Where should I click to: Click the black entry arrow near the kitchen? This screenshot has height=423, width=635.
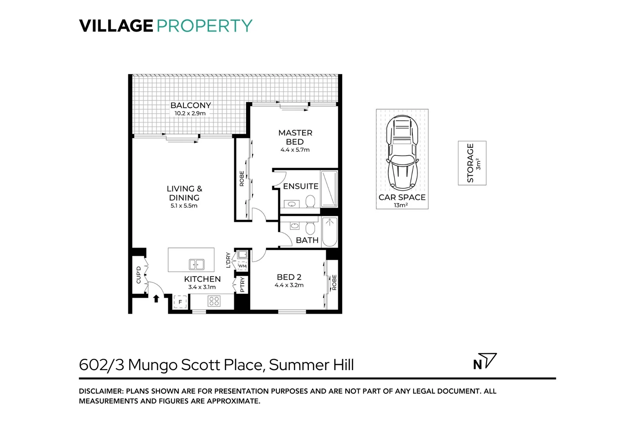[156, 299]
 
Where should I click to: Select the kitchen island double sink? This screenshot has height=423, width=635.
[196, 264]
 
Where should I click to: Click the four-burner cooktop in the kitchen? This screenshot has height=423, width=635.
[214, 301]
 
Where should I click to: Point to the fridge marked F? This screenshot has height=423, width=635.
[180, 302]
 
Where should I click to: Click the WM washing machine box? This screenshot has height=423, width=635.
[243, 266]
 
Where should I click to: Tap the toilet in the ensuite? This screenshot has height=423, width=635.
[310, 202]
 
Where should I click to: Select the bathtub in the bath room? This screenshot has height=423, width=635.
[329, 232]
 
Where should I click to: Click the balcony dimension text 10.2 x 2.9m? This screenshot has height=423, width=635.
[190, 114]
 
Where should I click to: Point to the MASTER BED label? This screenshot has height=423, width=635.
[295, 137]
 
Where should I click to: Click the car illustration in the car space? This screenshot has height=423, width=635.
[402, 154]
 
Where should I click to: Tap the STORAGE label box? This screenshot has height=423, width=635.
[472, 163]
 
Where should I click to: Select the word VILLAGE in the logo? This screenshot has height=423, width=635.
[116, 26]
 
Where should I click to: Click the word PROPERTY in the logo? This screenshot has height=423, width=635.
[204, 26]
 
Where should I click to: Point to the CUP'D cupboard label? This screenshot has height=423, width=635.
[138, 275]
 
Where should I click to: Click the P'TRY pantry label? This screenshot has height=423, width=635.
[242, 284]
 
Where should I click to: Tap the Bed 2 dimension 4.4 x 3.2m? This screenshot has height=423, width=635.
[289, 285]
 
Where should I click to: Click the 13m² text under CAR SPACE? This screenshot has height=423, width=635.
[401, 205]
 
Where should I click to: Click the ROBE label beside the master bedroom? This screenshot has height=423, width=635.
[241, 178]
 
